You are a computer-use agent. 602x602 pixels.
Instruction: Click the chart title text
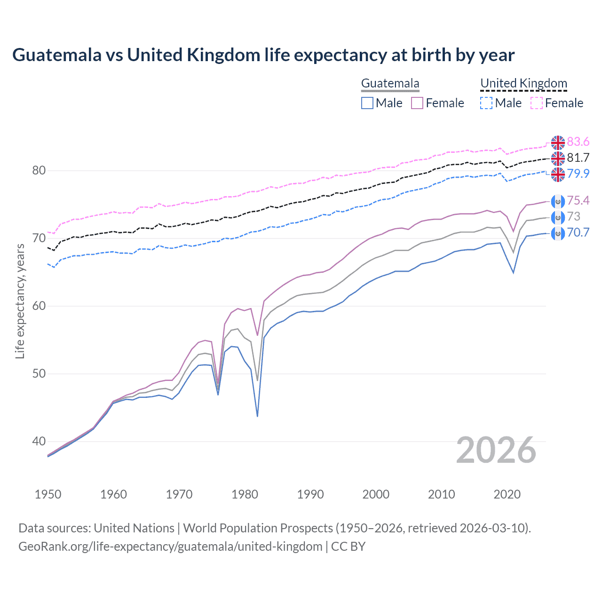[x=263, y=55]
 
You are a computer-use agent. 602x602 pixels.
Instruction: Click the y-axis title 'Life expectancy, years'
[x=20, y=301]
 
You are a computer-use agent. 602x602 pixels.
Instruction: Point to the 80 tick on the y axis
[x=39, y=171]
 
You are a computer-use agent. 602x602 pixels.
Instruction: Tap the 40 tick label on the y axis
[x=39, y=442]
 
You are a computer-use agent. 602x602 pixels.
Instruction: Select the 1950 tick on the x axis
[x=48, y=494]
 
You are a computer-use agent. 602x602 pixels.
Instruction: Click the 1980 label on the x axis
[x=245, y=494]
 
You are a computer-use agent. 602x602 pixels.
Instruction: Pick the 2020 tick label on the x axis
[x=507, y=494]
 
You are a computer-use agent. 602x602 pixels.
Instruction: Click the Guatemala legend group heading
[x=390, y=84]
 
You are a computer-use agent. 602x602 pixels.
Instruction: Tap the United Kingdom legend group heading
[x=523, y=84]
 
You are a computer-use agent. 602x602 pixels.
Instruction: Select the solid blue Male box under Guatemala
[x=367, y=103]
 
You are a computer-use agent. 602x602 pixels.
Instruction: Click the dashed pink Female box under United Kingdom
[x=537, y=103]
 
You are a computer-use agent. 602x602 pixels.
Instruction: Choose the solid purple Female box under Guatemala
[x=417, y=103]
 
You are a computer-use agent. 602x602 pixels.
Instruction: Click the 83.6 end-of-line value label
[x=578, y=142]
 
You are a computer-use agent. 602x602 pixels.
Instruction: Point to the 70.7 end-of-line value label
[x=578, y=232]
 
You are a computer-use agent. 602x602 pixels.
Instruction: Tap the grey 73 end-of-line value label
[x=574, y=216]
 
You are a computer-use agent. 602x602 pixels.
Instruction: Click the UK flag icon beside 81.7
[x=558, y=158]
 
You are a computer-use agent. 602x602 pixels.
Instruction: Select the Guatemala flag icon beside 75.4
[x=558, y=201]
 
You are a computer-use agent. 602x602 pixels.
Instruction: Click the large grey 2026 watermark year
[x=496, y=451]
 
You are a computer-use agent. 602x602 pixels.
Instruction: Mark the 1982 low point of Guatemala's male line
[x=257, y=416]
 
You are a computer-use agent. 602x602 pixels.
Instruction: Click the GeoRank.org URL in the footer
[x=170, y=547]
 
